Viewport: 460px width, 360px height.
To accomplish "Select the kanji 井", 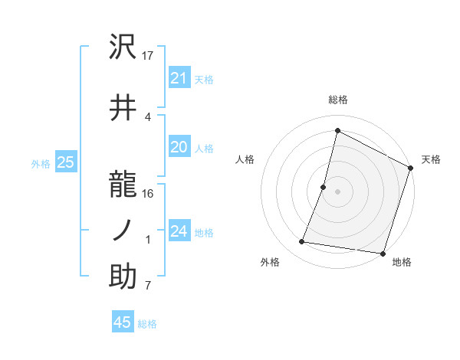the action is tap(123, 107).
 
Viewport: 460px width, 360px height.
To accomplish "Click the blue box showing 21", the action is tap(179, 78).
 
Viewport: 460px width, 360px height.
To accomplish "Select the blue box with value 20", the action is tap(179, 148).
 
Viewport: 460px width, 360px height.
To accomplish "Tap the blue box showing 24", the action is tap(179, 231).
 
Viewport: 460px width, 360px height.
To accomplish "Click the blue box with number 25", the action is tap(66, 162).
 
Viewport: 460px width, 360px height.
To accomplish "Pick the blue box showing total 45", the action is tap(123, 322).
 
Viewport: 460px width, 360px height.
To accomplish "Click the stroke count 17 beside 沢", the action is tap(149, 56).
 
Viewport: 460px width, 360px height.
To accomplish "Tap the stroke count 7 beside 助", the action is tap(148, 286).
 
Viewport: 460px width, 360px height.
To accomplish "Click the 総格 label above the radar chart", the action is tap(337, 100).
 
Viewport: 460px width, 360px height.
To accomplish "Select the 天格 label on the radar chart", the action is tap(431, 159).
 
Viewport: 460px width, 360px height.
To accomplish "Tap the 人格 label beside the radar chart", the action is tap(245, 159).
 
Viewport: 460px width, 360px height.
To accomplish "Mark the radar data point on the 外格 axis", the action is tap(302, 242).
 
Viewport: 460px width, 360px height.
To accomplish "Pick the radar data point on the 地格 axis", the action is tap(382, 253).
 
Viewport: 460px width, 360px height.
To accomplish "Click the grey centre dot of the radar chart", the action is tap(337, 191).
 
